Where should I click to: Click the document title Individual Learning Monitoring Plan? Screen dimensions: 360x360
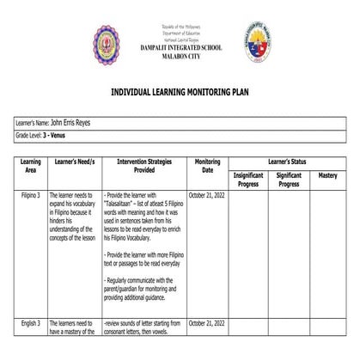(180, 89)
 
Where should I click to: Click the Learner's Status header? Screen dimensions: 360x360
(290, 161)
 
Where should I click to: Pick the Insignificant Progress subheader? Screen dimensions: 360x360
(248, 179)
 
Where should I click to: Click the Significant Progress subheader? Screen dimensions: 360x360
(289, 179)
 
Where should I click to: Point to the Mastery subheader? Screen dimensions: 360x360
(328, 175)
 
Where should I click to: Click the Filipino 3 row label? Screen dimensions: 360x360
(31, 196)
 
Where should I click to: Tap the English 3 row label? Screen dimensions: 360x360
(31, 322)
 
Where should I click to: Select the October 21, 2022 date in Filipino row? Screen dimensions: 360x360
(207, 196)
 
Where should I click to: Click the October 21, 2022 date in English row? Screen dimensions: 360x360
(207, 322)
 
